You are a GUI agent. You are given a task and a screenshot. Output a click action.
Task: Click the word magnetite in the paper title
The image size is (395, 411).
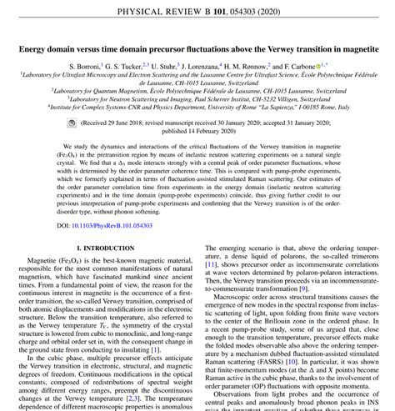point(354,49)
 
